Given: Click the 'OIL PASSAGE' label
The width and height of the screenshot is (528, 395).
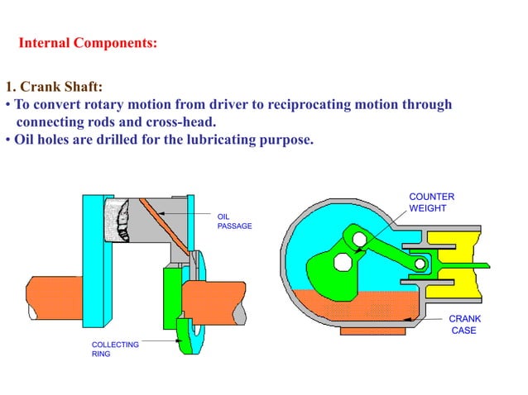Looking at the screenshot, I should point(233,221).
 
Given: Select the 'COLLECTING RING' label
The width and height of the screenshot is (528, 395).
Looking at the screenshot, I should point(114,349).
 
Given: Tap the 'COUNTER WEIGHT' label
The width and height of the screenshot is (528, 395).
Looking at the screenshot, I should point(431,202).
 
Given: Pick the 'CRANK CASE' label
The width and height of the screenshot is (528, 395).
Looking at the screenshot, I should point(463,324).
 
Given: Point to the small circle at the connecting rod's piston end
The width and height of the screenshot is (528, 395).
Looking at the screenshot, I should point(420,264).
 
